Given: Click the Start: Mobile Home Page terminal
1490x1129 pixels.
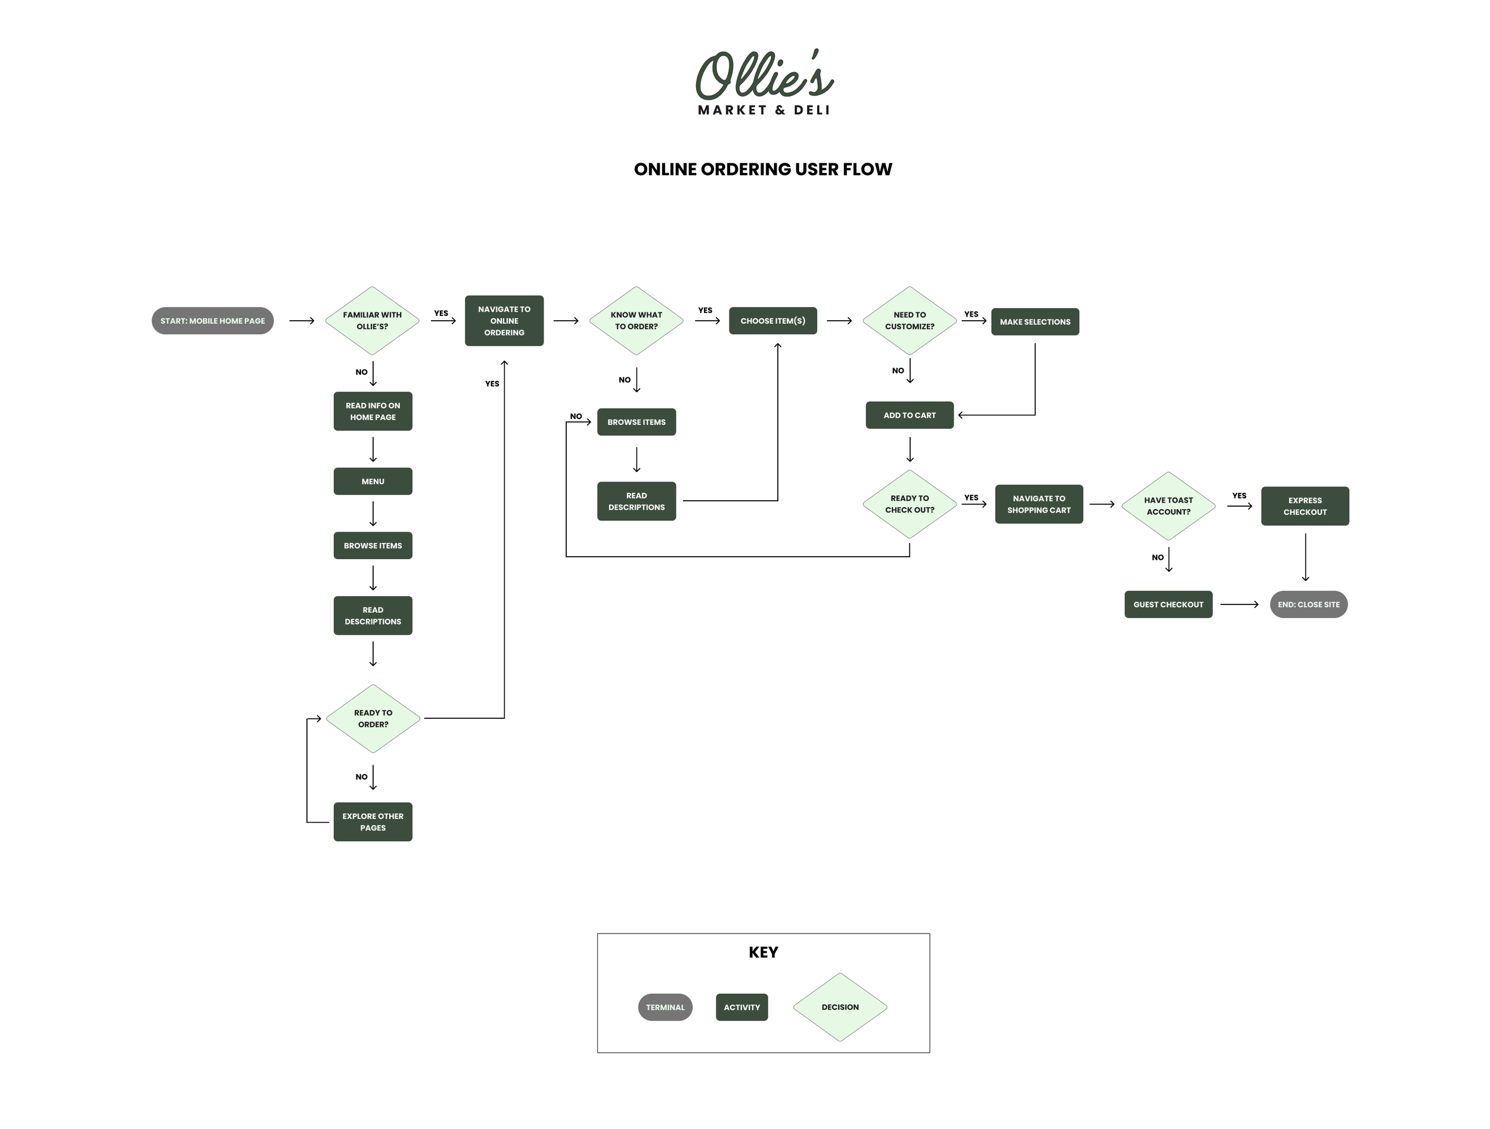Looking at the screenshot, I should tap(212, 321).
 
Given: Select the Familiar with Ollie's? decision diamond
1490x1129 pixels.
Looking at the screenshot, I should tap(372, 321).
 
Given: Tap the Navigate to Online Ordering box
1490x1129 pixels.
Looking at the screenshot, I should tap(504, 321).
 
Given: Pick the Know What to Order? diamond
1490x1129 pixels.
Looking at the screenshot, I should tap(636, 321).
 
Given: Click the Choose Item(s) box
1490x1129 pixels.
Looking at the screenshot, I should tap(772, 321).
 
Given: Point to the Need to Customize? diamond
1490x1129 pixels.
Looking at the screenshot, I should tap(909, 321).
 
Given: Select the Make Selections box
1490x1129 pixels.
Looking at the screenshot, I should tap(1035, 322).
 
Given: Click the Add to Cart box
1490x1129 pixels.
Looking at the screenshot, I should tap(909, 415).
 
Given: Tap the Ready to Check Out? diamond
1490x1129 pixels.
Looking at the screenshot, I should tap(909, 504).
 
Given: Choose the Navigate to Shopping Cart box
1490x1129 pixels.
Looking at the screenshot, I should tap(1039, 504).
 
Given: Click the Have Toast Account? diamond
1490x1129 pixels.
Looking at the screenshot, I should tap(1168, 506).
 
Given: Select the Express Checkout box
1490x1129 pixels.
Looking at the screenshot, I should tap(1305, 506).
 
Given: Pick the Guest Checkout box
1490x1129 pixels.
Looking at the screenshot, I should tap(1168, 604).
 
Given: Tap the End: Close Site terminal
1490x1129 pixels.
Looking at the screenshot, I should tap(1308, 604).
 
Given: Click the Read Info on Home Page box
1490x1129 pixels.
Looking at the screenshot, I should tap(372, 411).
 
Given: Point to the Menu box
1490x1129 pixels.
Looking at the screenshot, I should tap(372, 481).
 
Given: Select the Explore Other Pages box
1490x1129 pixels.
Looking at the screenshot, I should tap(372, 822).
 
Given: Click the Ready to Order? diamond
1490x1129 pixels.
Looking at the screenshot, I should tap(372, 719).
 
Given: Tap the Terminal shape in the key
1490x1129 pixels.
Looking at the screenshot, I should tap(665, 1007).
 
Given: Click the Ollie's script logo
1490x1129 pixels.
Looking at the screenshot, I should tap(764, 76).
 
